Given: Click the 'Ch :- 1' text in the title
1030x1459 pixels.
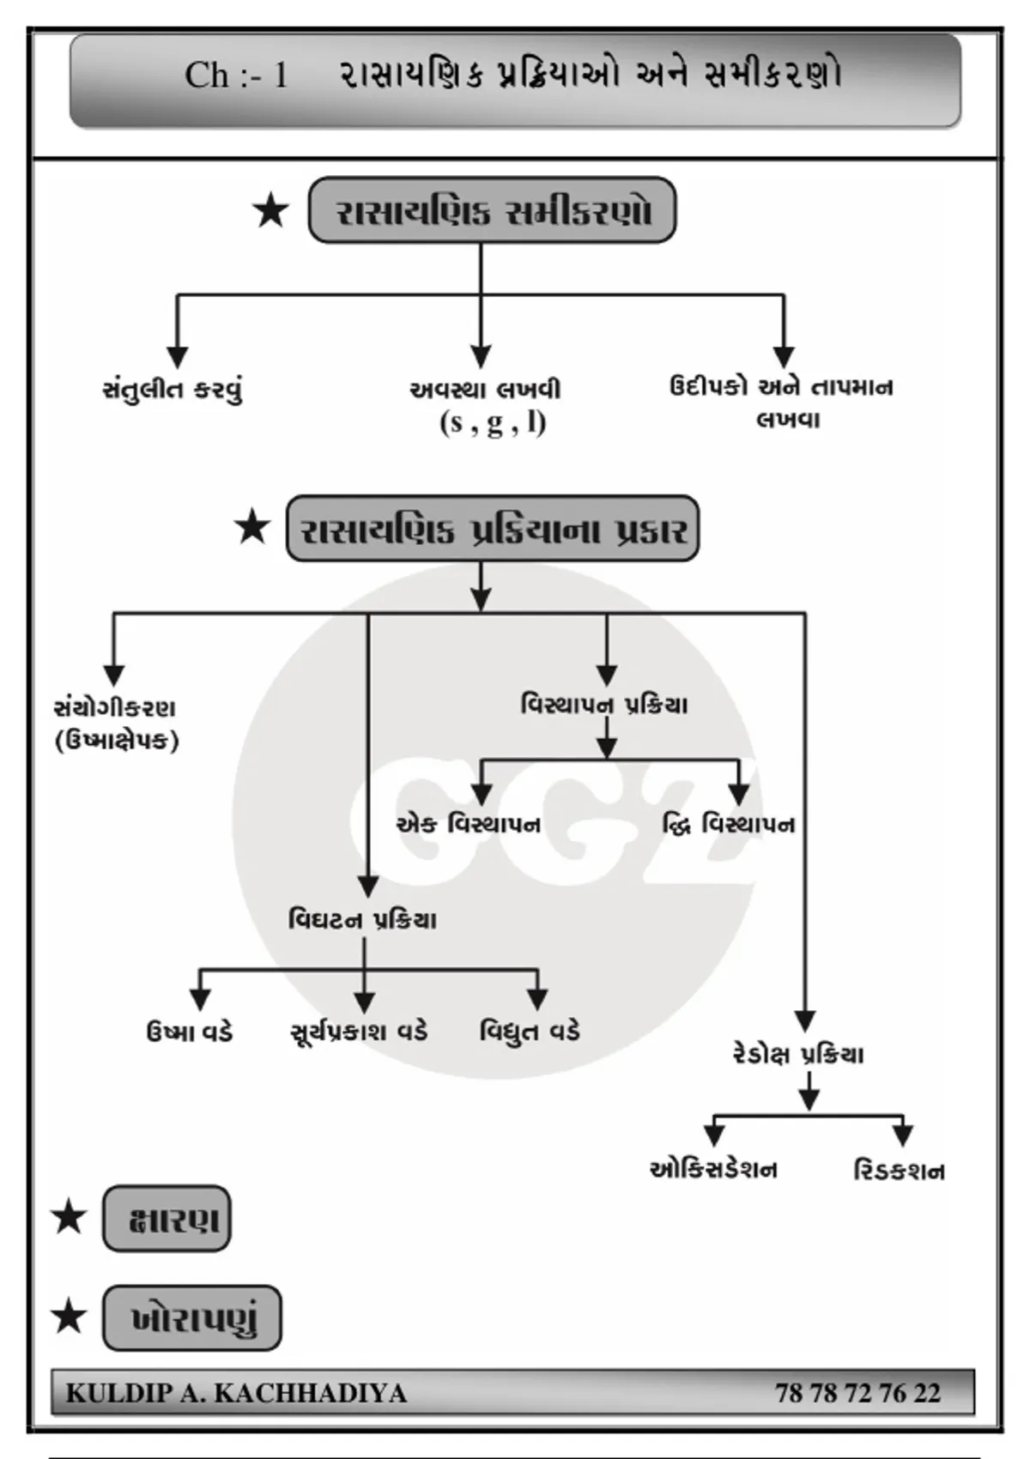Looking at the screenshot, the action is [237, 76].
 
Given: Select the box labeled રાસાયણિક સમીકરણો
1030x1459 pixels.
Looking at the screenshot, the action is [492, 209].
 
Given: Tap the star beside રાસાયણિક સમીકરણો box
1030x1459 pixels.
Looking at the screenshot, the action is [270, 212].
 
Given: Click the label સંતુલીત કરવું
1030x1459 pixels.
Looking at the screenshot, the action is [173, 390].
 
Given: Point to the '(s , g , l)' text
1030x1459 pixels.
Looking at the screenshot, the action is [494, 423].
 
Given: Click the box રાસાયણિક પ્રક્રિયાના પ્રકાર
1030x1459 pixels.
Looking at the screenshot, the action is [493, 528].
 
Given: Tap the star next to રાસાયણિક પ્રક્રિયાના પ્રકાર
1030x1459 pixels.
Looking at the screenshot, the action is [252, 528].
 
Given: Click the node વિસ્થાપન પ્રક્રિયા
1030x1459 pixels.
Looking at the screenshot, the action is [604, 705].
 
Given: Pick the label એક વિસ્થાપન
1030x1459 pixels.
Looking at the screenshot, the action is [469, 825].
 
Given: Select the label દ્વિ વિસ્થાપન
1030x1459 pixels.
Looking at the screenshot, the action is [728, 825].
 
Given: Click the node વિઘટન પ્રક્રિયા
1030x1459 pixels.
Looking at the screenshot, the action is [362, 920].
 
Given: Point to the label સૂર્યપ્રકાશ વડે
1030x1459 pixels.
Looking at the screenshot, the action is [359, 1032].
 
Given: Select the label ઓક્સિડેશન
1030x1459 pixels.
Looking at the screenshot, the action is [713, 1169].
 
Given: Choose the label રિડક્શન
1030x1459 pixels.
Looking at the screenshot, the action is [899, 1171].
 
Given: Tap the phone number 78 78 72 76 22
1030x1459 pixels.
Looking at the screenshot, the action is [858, 1393].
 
